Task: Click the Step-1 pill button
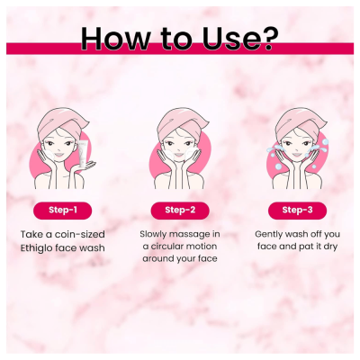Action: tap(62, 211)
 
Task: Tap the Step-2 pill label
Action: tap(180, 211)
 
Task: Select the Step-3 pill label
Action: tap(297, 211)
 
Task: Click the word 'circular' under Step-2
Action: tap(166, 247)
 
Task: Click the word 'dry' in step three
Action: tap(329, 247)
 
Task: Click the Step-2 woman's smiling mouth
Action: tap(179, 155)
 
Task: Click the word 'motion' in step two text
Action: tap(201, 247)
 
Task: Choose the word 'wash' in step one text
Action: tap(93, 248)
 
